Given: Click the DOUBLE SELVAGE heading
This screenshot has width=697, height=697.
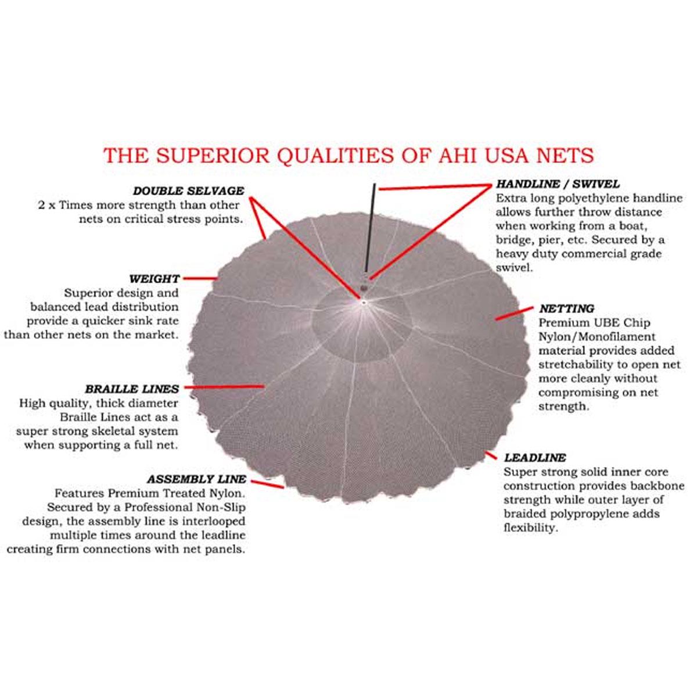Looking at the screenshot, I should (x=189, y=191).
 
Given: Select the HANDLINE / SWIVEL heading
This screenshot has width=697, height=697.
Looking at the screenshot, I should (x=558, y=184).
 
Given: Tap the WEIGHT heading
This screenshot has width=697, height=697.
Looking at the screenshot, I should (x=154, y=279).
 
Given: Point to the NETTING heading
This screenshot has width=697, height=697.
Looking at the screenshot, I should (x=566, y=308).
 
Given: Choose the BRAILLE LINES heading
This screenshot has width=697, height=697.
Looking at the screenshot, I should (x=132, y=389).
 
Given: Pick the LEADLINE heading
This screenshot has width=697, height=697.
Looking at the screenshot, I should (x=534, y=458).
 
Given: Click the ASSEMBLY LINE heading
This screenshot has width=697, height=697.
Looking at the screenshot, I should (x=196, y=479).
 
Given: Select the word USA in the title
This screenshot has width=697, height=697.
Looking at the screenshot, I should (x=498, y=155).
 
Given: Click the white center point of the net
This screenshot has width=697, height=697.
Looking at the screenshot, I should (x=363, y=302).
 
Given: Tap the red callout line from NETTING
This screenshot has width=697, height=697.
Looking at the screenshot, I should (x=514, y=314).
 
